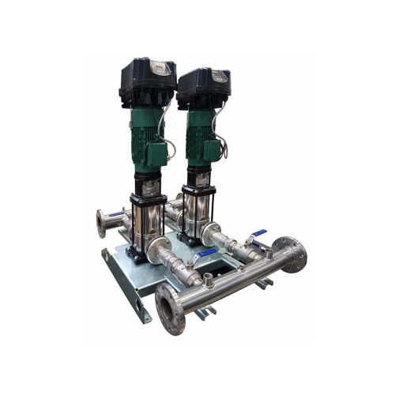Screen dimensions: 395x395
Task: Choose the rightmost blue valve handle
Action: pyautogui.click(x=256, y=235)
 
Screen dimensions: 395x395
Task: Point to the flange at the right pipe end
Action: pyautogui.click(x=294, y=254)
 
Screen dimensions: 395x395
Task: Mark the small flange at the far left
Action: pyautogui.click(x=101, y=224)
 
